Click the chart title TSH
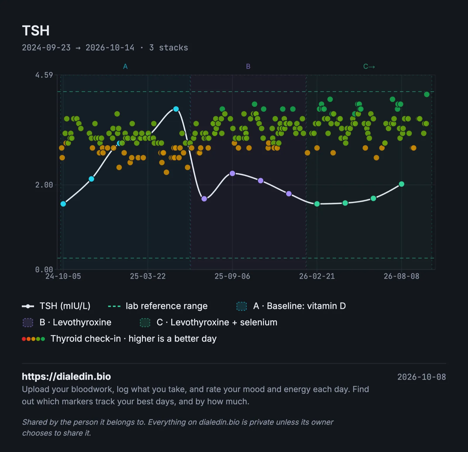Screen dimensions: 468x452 coord(36,30)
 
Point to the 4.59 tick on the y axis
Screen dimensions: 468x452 coord(44,75)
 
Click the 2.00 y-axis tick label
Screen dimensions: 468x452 coord(44,185)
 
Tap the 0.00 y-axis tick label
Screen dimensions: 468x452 coord(44,269)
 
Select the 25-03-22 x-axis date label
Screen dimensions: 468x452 coord(148,276)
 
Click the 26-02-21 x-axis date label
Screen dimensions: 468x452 coord(317,276)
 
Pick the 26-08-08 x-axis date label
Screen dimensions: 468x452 coord(401,276)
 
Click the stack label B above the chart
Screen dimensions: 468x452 coord(248,66)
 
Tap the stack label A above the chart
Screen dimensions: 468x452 coord(125,66)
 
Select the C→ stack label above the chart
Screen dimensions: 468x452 coord(369,66)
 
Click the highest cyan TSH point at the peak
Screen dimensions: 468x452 coord(176,109)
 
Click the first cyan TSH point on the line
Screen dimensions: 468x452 coord(63,204)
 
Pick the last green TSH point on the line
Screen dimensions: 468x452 coord(402,184)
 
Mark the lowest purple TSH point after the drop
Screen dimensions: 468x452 coord(204,199)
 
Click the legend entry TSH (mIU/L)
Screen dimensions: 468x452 coord(56,306)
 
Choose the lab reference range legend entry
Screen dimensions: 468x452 coord(158,306)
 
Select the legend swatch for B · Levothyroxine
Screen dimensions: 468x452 coord(28,323)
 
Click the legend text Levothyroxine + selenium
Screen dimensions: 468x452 coord(224,322)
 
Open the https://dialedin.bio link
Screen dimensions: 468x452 coord(66,376)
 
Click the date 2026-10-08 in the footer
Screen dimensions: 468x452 coord(421,377)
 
